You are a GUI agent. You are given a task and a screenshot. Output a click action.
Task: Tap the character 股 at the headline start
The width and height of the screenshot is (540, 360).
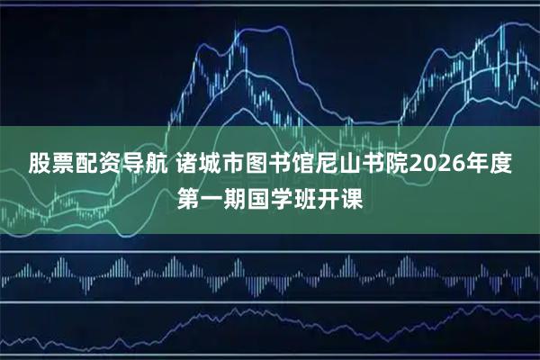coord(40,165)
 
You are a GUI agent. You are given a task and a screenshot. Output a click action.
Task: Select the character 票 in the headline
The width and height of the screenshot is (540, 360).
coord(63,165)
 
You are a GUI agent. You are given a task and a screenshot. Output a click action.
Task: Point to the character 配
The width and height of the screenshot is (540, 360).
coord(86,165)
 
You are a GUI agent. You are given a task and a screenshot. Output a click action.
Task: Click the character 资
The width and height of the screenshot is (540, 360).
coord(110,165)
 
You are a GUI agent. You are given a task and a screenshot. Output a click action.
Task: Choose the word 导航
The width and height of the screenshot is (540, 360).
coord(145,165)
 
